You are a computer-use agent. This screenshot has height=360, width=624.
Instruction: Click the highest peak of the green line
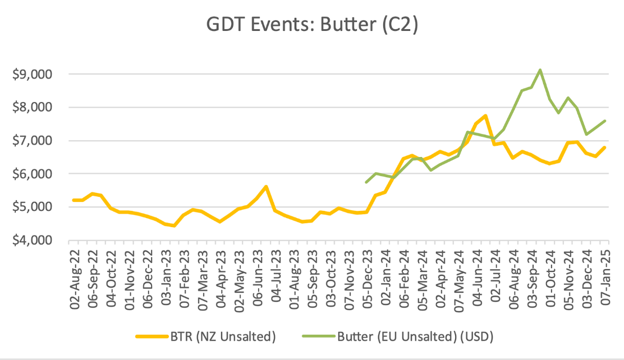tap(540, 70)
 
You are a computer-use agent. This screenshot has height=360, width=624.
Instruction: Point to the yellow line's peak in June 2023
tap(266, 187)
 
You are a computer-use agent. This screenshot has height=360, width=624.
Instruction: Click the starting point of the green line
tap(366, 182)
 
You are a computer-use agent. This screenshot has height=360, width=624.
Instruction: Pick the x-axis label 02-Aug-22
tap(75, 275)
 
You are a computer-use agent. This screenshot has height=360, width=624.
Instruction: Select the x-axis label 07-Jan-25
tap(604, 275)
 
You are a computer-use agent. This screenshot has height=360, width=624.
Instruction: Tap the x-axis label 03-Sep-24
tap(531, 275)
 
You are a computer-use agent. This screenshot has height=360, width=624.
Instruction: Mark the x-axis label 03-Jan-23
tap(167, 275)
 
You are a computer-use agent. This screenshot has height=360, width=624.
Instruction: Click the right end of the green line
tap(605, 121)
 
